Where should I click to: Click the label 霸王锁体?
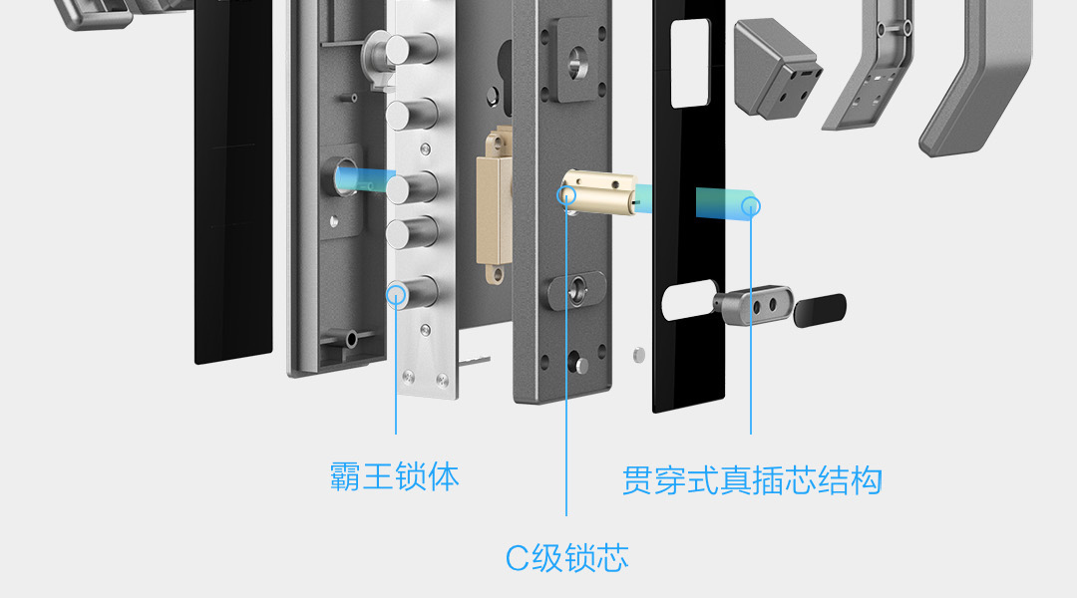tap(395, 477)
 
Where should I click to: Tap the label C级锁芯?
tap(566, 558)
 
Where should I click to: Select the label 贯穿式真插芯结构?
tap(752, 481)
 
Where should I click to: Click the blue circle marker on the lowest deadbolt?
tap(398, 294)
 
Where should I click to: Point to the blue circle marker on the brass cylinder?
tap(567, 194)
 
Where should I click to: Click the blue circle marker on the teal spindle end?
tap(751, 206)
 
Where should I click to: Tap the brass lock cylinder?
tap(598, 191)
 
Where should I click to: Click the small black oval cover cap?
tap(821, 310)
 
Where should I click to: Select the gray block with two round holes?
tap(754, 306)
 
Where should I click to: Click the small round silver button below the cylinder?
tap(639, 353)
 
